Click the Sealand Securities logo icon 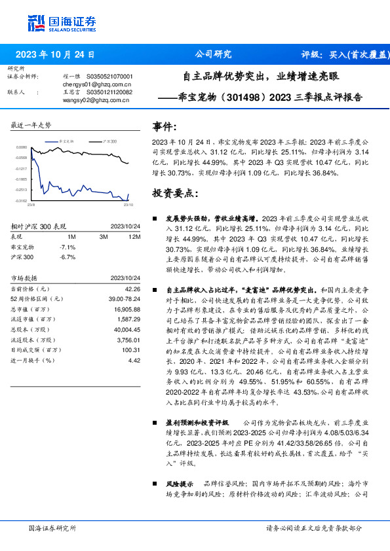click(x=36, y=22)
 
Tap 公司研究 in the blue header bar click(x=214, y=54)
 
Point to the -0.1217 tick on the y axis click(x=22, y=168)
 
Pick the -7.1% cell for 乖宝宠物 click(x=68, y=247)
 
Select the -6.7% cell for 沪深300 click(x=68, y=257)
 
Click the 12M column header click(x=134, y=236)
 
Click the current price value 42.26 click(x=133, y=288)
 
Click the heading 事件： click(x=165, y=126)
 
